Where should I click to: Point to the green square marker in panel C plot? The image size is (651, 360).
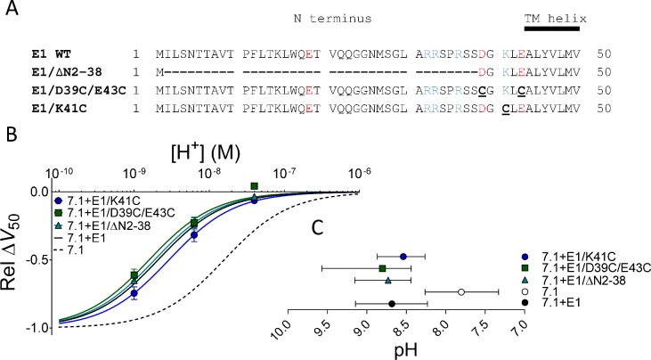pos(382,268)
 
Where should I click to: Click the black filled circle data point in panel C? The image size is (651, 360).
pos(392,304)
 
